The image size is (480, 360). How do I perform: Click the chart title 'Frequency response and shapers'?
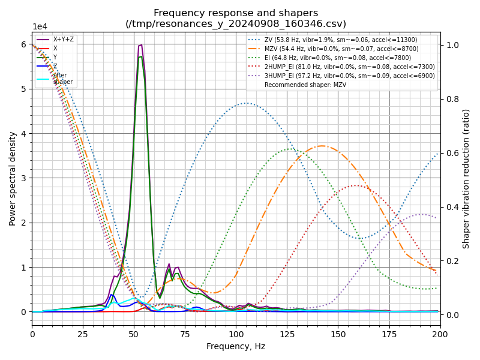tap(236, 13)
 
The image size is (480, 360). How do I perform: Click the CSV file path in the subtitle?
tap(236, 24)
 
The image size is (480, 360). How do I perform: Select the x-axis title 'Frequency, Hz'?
tap(236, 346)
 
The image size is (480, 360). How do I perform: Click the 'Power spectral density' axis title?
tap(13, 178)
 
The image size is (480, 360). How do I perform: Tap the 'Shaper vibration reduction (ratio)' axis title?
tap(466, 178)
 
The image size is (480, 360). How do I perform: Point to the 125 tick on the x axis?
tap(287, 334)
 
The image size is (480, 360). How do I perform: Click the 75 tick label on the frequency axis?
tap(185, 334)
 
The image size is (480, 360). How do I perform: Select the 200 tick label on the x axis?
tap(440, 334)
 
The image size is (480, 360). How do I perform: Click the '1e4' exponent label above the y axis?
tap(40, 27)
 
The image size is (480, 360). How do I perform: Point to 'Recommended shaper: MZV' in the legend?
tap(305, 85)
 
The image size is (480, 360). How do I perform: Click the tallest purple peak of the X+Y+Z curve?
tap(140, 45)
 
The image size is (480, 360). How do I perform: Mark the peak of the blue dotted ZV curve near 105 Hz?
tap(246, 103)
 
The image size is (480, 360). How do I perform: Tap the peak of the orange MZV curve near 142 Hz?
tap(322, 146)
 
